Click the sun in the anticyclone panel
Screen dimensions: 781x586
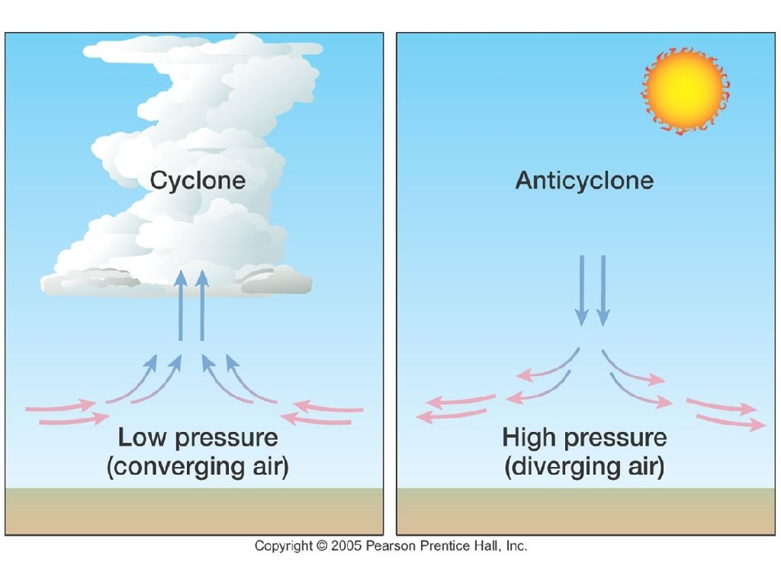click(x=684, y=90)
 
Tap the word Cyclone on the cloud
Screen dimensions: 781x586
click(x=198, y=181)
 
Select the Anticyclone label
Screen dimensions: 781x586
click(x=584, y=181)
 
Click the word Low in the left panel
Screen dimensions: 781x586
click(x=143, y=439)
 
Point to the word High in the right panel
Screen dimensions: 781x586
click(x=529, y=439)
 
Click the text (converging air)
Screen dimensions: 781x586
click(x=198, y=466)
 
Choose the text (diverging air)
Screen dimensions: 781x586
click(x=584, y=466)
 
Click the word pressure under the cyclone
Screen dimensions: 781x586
click(x=227, y=439)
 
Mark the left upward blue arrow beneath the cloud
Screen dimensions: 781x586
click(x=181, y=305)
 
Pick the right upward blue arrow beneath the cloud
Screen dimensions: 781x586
click(x=202, y=305)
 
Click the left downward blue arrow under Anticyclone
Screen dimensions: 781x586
click(x=582, y=290)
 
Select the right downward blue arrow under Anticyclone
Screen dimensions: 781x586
click(x=603, y=290)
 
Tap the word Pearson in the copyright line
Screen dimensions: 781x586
click(x=389, y=546)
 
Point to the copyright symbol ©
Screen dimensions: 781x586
click(x=322, y=546)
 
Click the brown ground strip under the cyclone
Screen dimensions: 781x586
click(x=194, y=511)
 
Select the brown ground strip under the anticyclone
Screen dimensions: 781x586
click(x=585, y=511)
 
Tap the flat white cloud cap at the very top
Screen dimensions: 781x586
click(x=202, y=50)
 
